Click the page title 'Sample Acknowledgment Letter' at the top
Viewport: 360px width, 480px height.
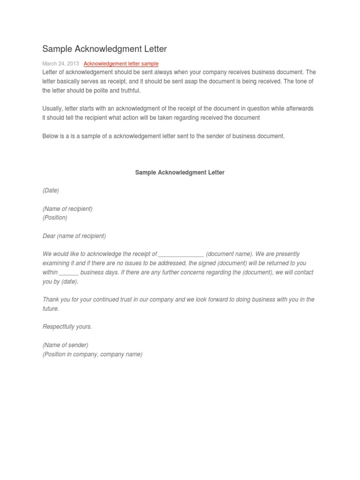click(105, 49)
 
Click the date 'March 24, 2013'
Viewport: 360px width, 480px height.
click(60, 64)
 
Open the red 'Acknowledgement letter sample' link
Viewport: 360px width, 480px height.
click(121, 64)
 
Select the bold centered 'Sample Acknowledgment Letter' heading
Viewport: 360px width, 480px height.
click(180, 172)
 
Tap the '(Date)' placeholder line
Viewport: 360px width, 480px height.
click(51, 190)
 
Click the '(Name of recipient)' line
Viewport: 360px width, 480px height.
click(67, 209)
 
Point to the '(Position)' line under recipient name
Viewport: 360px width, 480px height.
click(55, 217)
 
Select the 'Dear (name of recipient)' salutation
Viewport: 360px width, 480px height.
click(74, 236)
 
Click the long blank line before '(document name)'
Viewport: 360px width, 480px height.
click(181, 254)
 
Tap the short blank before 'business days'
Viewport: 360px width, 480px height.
click(69, 272)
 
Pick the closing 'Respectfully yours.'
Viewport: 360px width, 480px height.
click(67, 327)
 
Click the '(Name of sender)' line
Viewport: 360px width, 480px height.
click(65, 345)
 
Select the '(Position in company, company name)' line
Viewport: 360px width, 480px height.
click(92, 354)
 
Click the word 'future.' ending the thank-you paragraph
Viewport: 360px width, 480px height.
click(51, 309)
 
